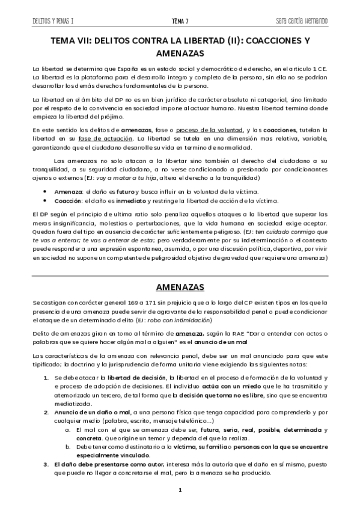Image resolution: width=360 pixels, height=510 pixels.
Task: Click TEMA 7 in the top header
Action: [x=180, y=21]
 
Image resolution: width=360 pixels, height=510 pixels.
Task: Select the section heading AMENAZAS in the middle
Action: [x=180, y=285]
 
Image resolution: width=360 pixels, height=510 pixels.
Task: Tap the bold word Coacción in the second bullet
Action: [x=66, y=201]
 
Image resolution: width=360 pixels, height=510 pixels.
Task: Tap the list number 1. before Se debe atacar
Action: [x=47, y=377]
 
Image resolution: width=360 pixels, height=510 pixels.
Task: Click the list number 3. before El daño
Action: [x=46, y=465]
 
